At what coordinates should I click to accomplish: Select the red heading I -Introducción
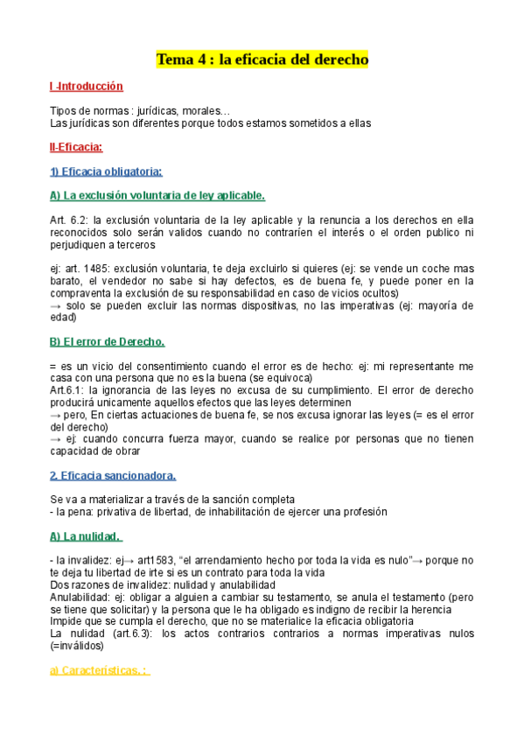tap(87, 87)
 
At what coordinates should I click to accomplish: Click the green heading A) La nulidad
tap(87, 535)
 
